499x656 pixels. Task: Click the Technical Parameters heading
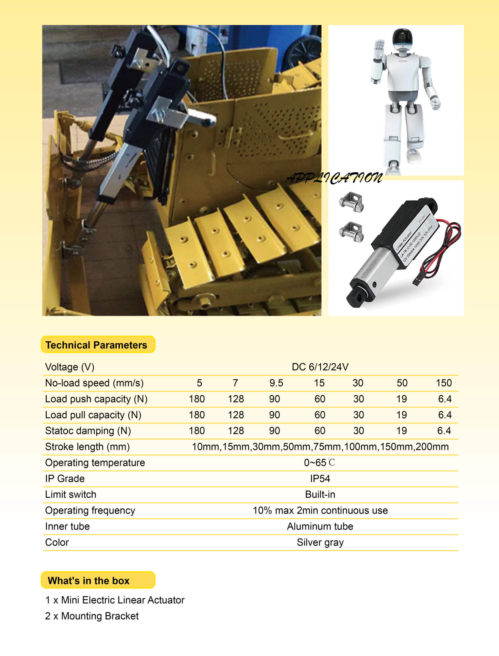[x=96, y=345]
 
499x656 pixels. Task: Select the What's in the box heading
[x=88, y=581]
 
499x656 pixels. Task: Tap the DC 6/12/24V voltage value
[x=320, y=367]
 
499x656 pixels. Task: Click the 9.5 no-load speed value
[x=276, y=383]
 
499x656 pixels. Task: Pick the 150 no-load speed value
[x=443, y=383]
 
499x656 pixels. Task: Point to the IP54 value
[x=320, y=479]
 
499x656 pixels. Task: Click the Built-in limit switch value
[x=320, y=495]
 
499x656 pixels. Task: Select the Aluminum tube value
[x=320, y=527]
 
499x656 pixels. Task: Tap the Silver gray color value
[x=320, y=542]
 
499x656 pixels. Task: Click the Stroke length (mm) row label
[x=87, y=447]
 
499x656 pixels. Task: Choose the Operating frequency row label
[x=90, y=510]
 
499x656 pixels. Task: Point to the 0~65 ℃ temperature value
[x=319, y=463]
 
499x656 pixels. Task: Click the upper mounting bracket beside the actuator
[x=351, y=202]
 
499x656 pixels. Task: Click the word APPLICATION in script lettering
[x=333, y=178]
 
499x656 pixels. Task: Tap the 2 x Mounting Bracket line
[x=92, y=616]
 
